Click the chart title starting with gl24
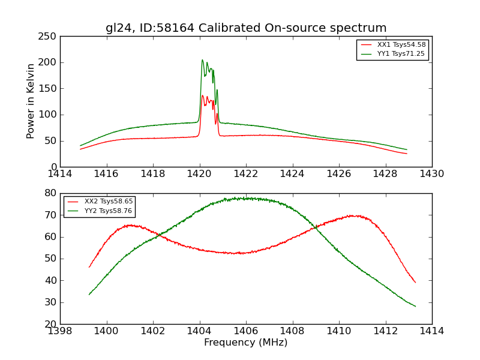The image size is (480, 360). (x=246, y=28)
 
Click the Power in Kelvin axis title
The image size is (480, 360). (x=31, y=101)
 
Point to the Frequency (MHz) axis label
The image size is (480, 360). (x=246, y=343)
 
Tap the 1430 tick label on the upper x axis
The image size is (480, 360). (x=431, y=173)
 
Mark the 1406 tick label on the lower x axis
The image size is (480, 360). (x=246, y=331)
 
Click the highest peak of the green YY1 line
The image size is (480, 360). (x=203, y=59)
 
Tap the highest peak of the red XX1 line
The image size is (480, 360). (x=203, y=95)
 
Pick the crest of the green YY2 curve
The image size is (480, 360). (x=243, y=198)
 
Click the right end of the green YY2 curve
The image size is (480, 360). (x=415, y=307)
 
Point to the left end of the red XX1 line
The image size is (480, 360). (x=80, y=149)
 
